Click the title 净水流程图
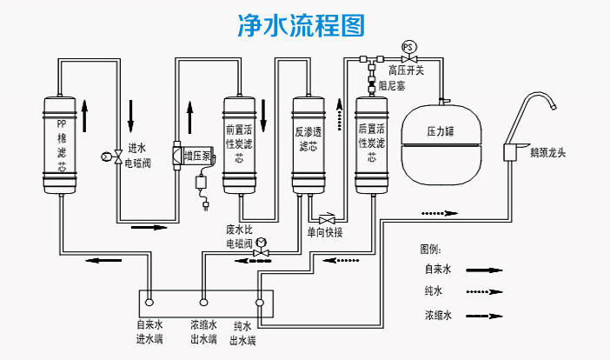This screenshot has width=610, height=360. [x=302, y=25]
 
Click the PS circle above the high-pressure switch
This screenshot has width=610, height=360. [x=408, y=47]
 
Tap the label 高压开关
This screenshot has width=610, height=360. [x=406, y=70]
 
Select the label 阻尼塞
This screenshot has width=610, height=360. [x=392, y=85]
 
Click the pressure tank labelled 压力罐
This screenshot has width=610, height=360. [x=441, y=144]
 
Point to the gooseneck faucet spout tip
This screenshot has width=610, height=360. [x=554, y=107]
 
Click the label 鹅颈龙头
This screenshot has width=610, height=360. [x=547, y=152]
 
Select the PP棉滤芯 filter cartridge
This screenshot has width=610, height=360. [x=59, y=145]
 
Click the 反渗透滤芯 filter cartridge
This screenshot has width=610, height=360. [x=308, y=145]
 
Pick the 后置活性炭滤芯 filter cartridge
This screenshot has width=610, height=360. [x=372, y=145]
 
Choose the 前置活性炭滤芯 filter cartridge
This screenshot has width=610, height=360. [x=239, y=145]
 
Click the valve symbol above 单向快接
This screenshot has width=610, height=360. [x=327, y=219]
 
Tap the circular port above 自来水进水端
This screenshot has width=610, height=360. [x=149, y=303]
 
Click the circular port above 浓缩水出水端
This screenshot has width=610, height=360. [x=203, y=303]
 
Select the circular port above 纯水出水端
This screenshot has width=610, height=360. [x=260, y=303]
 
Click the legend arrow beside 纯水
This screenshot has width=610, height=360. [x=484, y=291]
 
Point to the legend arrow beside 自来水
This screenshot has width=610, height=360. [x=484, y=270]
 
